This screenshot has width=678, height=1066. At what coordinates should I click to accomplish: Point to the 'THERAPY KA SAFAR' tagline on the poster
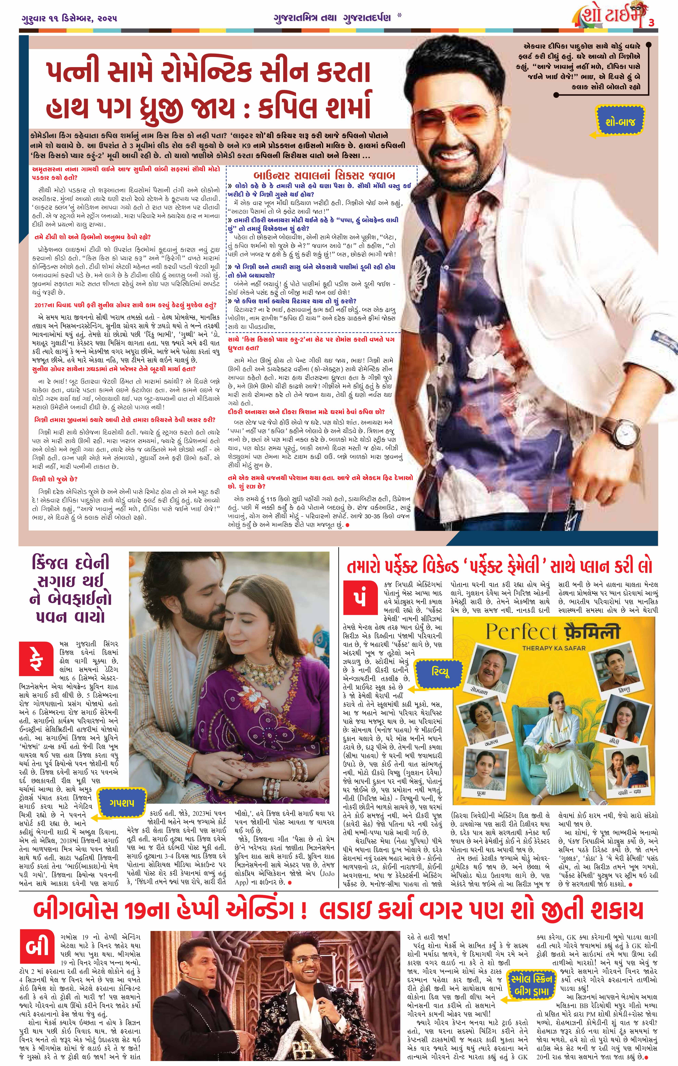(x=554, y=648)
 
